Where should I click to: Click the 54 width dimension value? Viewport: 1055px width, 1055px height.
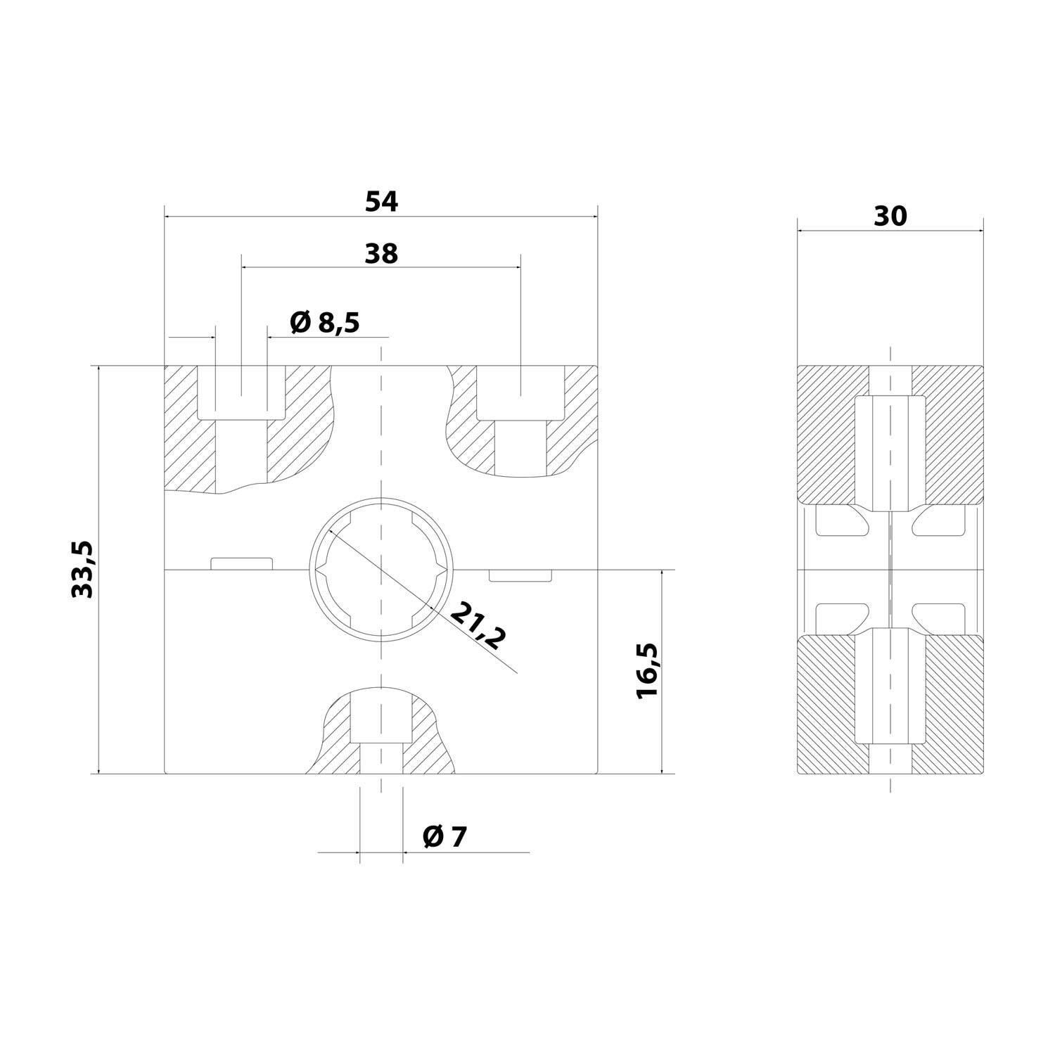[x=381, y=202]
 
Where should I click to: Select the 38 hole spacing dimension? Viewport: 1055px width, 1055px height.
[x=381, y=254]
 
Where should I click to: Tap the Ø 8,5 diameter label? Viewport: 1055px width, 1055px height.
[x=324, y=323]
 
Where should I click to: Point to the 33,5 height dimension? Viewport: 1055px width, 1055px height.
[x=83, y=569]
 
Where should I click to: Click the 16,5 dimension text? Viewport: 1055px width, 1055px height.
[x=646, y=670]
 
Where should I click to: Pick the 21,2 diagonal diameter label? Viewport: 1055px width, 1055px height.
[x=478, y=625]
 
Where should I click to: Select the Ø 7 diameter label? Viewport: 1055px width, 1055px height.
[x=445, y=837]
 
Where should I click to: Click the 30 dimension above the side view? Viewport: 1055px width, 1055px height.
[x=890, y=217]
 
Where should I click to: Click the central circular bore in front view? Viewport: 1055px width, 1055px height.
[x=381, y=570]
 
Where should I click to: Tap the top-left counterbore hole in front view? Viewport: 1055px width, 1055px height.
[x=241, y=394]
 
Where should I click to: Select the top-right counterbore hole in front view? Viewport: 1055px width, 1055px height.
[x=520, y=394]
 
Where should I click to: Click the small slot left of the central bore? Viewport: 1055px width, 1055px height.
[x=241, y=563]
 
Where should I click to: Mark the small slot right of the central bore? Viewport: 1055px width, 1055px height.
[x=519, y=576]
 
